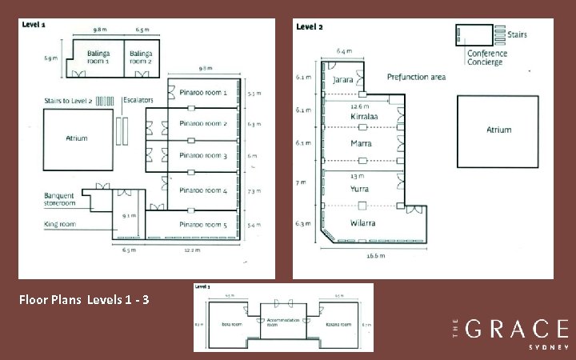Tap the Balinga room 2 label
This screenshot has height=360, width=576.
tap(142, 58)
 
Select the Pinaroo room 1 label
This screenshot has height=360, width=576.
tap(203, 93)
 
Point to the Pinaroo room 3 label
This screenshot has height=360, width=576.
tap(203, 155)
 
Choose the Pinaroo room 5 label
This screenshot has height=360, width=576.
tap(203, 225)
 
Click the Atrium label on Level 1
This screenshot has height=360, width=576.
tap(76, 138)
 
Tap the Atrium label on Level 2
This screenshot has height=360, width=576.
tap(498, 130)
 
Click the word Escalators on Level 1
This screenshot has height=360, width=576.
tap(138, 101)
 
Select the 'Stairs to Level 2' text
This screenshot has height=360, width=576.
tap(68, 101)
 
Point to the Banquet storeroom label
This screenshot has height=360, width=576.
tap(60, 198)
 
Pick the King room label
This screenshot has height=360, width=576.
tap(60, 224)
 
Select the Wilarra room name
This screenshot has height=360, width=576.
tap(362, 222)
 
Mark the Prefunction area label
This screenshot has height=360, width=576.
tap(416, 77)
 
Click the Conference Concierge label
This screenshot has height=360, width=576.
tap(486, 57)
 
